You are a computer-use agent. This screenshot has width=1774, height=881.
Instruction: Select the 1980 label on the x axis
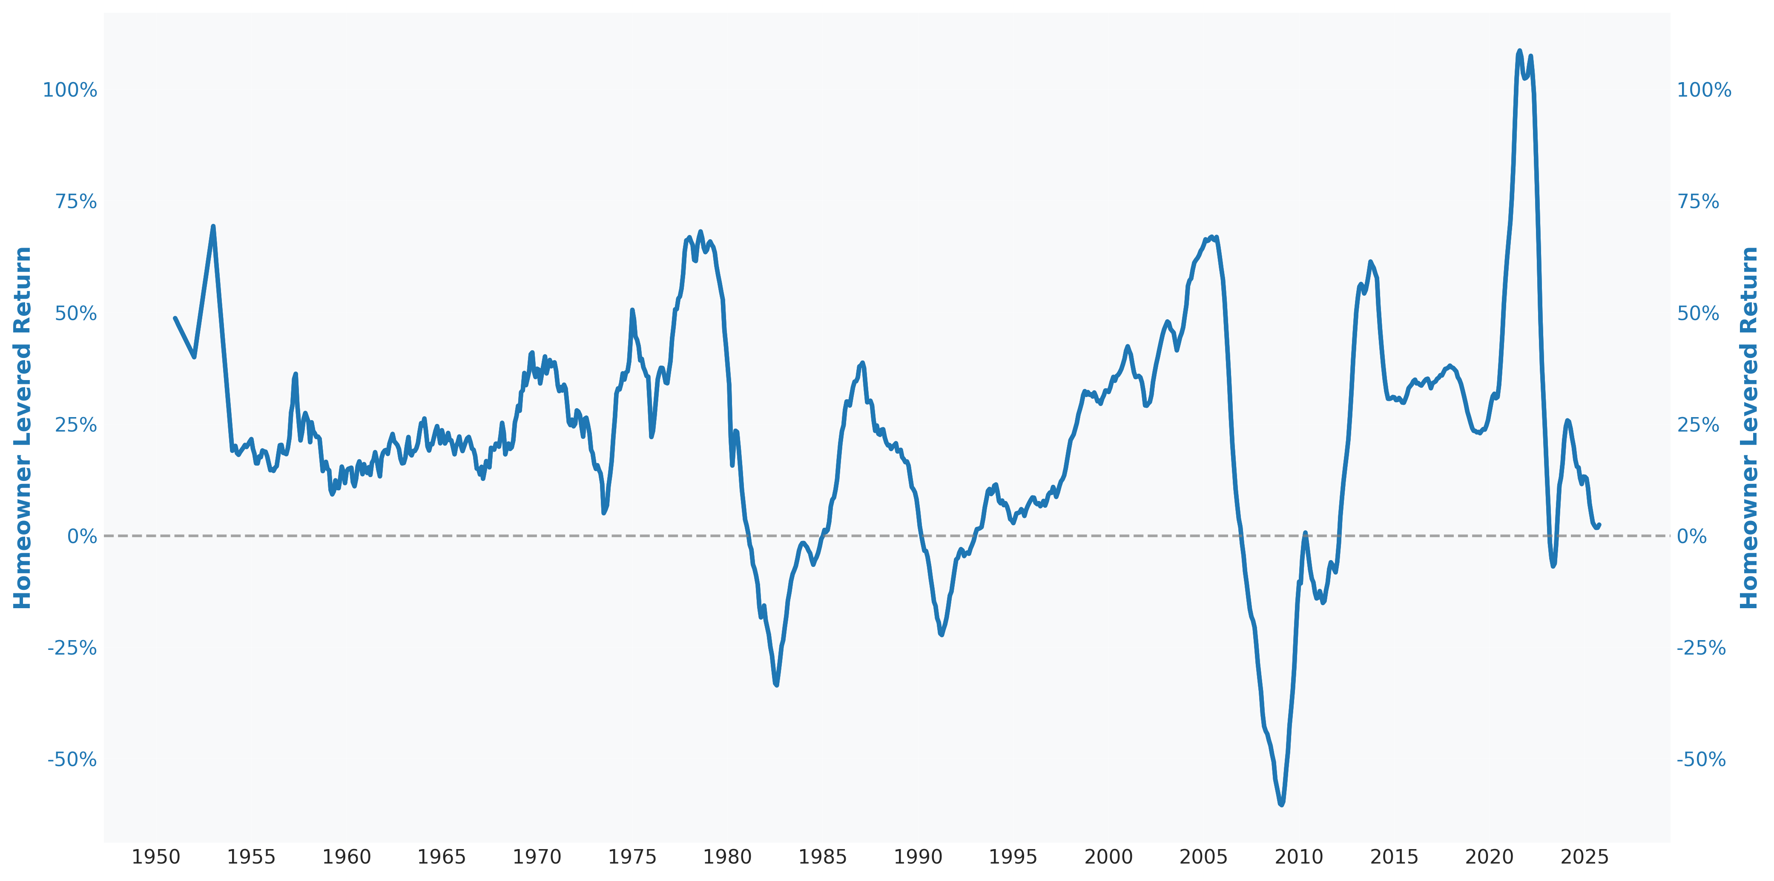[727, 857]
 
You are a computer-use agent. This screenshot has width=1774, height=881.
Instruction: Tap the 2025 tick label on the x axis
[1585, 857]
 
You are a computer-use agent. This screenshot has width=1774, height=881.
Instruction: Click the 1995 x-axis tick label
[1013, 857]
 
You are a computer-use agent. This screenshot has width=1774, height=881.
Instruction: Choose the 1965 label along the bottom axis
[442, 857]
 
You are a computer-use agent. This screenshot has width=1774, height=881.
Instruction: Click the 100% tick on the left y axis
[70, 90]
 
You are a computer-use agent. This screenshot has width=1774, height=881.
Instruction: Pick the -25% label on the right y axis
[1701, 648]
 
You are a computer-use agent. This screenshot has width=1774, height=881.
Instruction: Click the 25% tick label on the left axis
[76, 425]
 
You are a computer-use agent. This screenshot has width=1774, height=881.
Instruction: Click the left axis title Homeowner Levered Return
[23, 427]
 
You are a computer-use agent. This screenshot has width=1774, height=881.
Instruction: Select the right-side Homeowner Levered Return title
[1749, 427]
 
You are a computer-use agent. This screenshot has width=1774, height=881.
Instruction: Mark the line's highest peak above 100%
[1519, 51]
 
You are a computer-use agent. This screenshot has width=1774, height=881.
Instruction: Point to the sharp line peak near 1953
[213, 226]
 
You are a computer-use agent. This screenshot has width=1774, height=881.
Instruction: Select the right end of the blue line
[1599, 524]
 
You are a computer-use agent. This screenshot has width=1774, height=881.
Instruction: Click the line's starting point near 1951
[175, 319]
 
